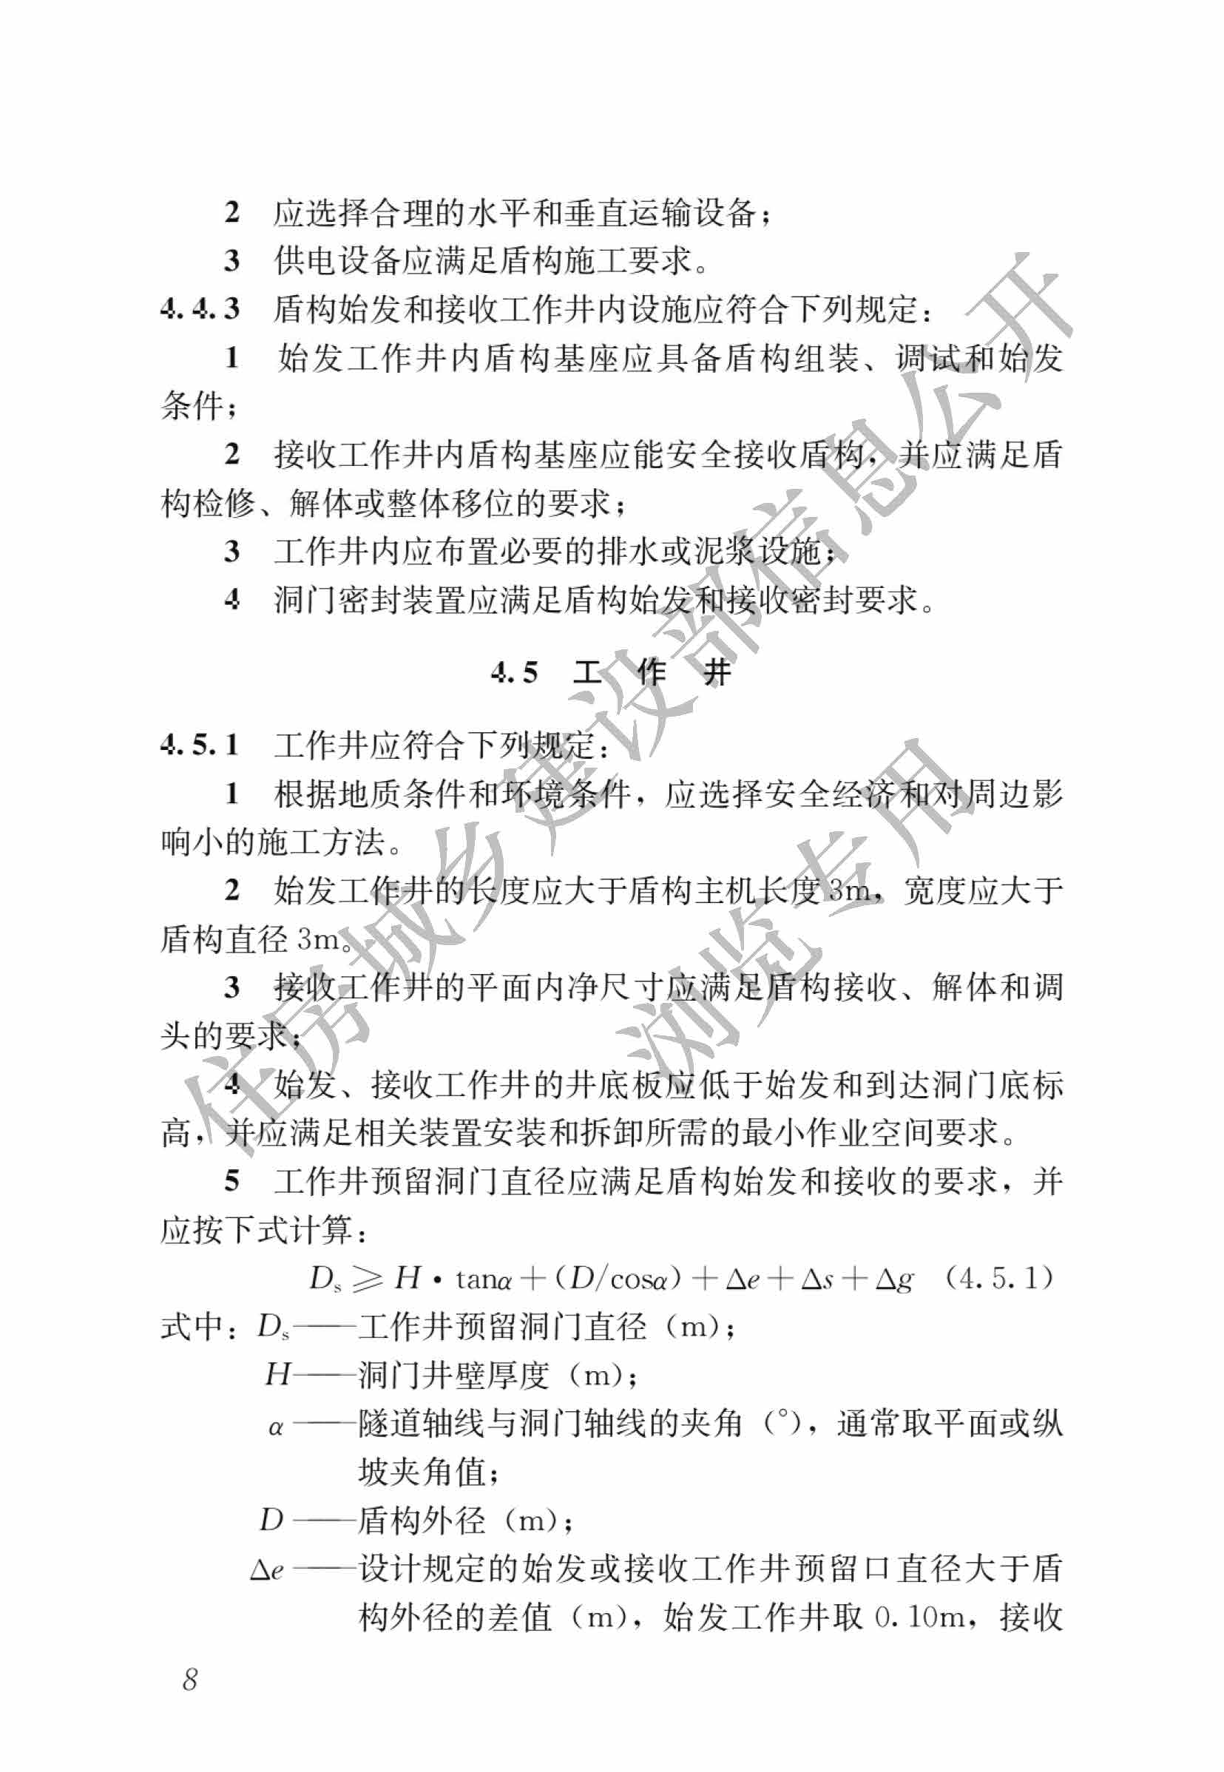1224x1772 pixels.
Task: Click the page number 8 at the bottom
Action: point(190,1679)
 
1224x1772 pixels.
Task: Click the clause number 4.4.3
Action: point(200,308)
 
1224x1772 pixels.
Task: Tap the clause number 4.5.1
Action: point(200,745)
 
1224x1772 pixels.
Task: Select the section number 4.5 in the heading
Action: point(515,673)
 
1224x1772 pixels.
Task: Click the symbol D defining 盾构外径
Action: point(271,1519)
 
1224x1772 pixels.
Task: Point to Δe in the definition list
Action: point(267,1569)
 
